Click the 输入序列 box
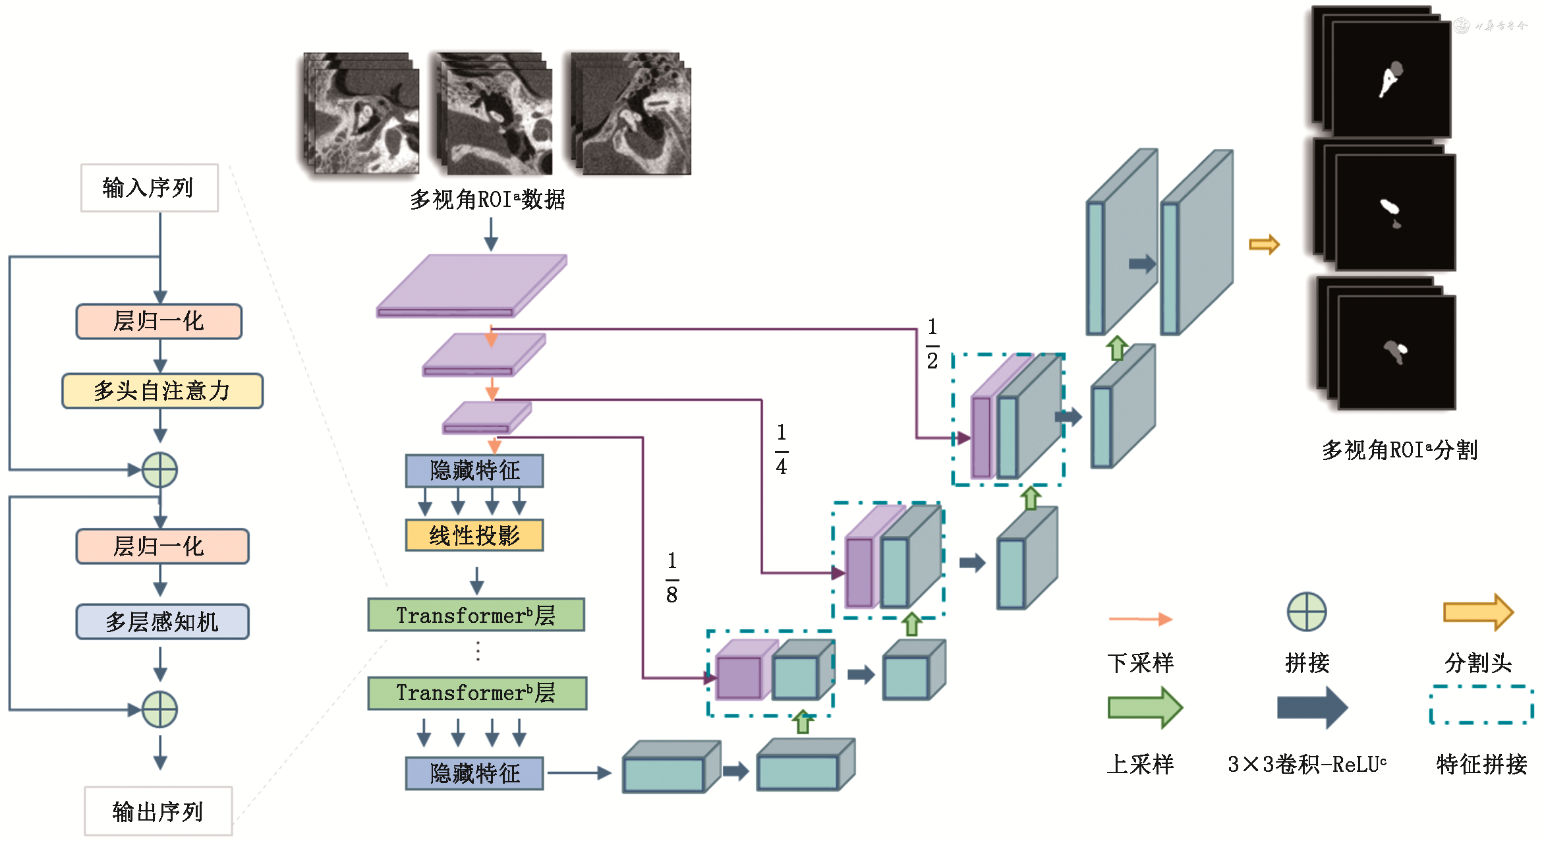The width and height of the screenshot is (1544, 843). click(x=149, y=188)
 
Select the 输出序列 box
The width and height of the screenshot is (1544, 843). click(x=158, y=811)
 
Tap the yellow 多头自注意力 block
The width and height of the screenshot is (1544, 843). click(x=162, y=391)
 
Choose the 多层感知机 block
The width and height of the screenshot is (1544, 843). click(x=162, y=622)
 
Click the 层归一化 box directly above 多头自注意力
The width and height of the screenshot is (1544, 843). click(x=159, y=321)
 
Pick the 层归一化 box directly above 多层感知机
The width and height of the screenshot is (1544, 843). click(x=162, y=546)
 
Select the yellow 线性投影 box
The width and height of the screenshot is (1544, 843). click(x=474, y=535)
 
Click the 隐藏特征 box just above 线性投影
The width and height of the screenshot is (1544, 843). click(x=474, y=471)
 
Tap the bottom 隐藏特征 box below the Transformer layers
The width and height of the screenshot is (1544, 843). click(x=474, y=773)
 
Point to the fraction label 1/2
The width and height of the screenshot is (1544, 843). click(x=932, y=343)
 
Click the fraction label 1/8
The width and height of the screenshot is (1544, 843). click(x=672, y=578)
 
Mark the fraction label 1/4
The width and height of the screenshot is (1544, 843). click(x=782, y=450)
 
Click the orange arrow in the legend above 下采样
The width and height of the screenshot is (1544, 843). click(x=1140, y=619)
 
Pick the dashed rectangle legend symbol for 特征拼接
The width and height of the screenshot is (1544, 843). click(x=1481, y=705)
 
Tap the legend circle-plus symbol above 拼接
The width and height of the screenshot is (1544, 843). click(x=1306, y=612)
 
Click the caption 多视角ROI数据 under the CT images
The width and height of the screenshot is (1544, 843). click(x=488, y=199)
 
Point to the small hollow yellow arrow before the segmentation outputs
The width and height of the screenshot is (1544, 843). click(x=1264, y=245)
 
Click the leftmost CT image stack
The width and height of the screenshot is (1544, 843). click(x=361, y=113)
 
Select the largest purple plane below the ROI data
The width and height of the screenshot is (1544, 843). click(x=471, y=285)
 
